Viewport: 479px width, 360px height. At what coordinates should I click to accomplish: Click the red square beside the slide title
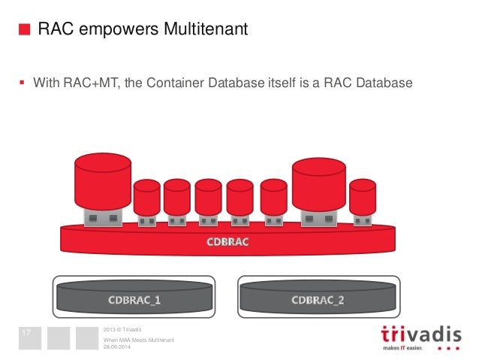pyautogui.click(x=24, y=30)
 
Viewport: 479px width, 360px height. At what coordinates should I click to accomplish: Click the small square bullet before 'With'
pyautogui.click(x=22, y=82)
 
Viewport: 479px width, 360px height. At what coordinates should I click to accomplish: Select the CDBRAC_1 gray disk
pyautogui.click(x=134, y=300)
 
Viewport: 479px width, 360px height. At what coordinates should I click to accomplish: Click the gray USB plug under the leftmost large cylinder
pyautogui.click(x=101, y=219)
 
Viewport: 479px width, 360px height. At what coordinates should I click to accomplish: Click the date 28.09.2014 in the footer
pyautogui.click(x=116, y=346)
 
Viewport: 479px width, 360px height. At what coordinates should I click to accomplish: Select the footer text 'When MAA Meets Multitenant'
pyautogui.click(x=138, y=340)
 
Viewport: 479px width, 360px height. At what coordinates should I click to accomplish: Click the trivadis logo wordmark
pyautogui.click(x=420, y=333)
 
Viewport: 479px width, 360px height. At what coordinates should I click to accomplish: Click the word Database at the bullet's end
pyautogui.click(x=384, y=82)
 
